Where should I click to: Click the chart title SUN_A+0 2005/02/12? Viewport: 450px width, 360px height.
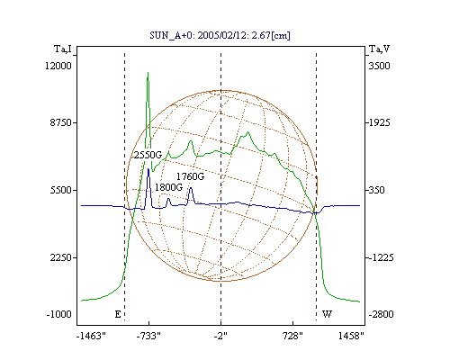[x=220, y=35]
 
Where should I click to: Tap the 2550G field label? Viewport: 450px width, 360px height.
[x=148, y=155]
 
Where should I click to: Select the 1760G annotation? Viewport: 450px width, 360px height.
[x=190, y=176]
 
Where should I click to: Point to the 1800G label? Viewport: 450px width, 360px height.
[x=168, y=187]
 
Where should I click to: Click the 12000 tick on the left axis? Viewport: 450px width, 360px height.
[x=58, y=66]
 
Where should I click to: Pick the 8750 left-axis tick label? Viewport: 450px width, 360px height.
[x=60, y=122]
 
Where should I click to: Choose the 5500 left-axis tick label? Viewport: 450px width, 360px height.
[x=60, y=190]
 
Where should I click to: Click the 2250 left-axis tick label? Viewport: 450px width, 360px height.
[x=60, y=257]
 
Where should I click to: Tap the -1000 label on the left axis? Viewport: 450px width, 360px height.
[x=58, y=315]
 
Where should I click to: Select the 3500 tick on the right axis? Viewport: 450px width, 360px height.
[x=379, y=66]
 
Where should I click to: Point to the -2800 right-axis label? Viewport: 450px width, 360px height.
[x=381, y=315]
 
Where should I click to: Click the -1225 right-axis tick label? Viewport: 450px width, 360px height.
[x=381, y=257]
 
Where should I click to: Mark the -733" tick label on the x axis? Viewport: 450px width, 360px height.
[x=148, y=337]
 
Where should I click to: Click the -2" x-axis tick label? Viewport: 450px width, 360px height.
[x=220, y=337]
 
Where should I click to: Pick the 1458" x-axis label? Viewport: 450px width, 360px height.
[x=351, y=337]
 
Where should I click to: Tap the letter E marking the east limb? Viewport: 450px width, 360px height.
[x=118, y=314]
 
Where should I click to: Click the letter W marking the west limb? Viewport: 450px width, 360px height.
[x=327, y=314]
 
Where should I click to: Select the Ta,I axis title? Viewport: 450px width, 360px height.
[x=63, y=49]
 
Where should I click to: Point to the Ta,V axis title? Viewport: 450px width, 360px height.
[x=379, y=49]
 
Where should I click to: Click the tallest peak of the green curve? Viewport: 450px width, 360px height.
[x=148, y=72]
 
